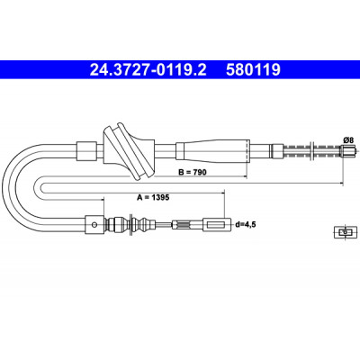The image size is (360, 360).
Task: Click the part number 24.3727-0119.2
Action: pos(148,69)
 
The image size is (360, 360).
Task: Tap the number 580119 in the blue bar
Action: pos(253,69)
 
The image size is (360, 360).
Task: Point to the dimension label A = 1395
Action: pos(153,197)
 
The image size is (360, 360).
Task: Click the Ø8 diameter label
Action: pos(348,139)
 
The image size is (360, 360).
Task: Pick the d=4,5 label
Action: pos(246,224)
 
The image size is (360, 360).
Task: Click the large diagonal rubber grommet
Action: pos(129,151)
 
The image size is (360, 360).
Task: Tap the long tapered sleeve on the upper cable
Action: pos(212,151)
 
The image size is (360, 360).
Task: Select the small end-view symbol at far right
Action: pos(346,232)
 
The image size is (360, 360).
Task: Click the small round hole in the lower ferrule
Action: pos(94,225)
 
